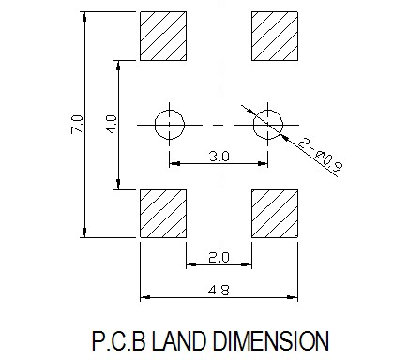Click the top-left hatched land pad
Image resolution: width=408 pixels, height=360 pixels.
click(x=163, y=36)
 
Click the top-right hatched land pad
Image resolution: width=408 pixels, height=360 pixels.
click(x=275, y=36)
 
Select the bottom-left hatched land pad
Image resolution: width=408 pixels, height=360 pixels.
click(x=163, y=214)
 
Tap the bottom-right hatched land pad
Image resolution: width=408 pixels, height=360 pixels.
click(x=275, y=214)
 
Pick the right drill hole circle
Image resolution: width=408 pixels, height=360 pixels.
click(x=282, y=125)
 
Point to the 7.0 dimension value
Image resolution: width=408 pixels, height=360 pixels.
click(x=77, y=124)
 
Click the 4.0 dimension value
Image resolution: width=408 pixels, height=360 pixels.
click(x=112, y=124)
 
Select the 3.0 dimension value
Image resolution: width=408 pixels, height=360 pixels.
click(x=219, y=156)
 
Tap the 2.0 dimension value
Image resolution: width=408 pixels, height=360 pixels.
click(x=219, y=258)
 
